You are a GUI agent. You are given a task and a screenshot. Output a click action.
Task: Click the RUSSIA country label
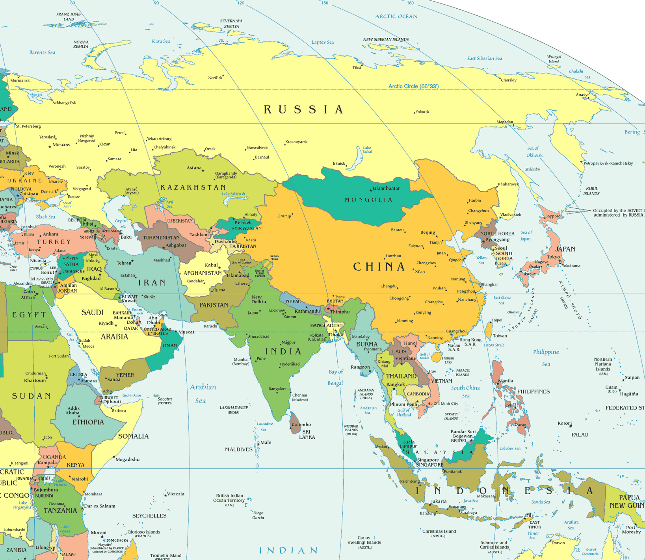click(303, 109)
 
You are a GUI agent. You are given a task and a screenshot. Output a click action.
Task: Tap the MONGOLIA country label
click(368, 200)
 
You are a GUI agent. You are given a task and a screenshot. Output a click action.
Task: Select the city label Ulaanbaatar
click(386, 188)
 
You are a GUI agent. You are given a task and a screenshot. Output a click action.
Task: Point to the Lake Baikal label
click(367, 149)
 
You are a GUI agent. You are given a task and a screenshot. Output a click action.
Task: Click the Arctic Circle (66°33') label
click(413, 86)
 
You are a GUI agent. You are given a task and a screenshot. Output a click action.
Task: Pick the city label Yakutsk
click(422, 112)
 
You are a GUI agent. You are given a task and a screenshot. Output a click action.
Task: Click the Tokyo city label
click(553, 257)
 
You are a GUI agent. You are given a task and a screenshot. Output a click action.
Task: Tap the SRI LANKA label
click(307, 434)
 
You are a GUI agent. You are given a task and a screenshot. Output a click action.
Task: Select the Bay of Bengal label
click(335, 377)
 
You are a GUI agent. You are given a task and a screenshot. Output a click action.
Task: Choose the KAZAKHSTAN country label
click(193, 187)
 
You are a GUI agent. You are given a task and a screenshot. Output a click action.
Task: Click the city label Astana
click(194, 168)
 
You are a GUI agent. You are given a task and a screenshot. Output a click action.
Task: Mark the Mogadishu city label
click(128, 459)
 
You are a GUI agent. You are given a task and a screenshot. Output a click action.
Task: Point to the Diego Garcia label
click(258, 515)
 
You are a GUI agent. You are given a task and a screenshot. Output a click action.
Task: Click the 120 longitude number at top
click(241, 3)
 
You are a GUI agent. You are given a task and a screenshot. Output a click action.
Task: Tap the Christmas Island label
click(439, 531)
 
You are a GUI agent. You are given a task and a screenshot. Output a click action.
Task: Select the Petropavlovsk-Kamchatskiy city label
click(608, 163)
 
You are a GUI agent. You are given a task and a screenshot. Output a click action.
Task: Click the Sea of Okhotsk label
click(534, 152)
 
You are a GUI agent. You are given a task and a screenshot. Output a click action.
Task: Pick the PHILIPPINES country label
click(533, 391)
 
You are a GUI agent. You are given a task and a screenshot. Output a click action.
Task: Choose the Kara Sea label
click(161, 41)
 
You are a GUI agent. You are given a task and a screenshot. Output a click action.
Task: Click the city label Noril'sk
click(215, 78)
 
